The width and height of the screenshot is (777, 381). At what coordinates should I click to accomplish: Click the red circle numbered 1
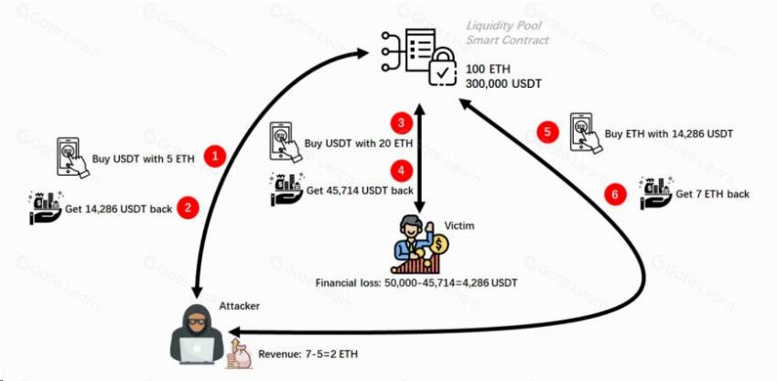click(215, 157)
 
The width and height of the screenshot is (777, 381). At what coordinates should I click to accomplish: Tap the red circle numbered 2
click(188, 208)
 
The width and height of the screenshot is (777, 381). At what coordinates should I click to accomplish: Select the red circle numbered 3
click(402, 123)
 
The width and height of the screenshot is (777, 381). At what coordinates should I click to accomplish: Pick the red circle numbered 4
click(402, 171)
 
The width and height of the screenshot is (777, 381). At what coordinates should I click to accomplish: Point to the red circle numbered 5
click(547, 132)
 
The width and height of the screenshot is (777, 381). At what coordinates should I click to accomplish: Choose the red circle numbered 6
click(615, 194)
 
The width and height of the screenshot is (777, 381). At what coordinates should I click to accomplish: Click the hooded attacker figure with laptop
click(197, 335)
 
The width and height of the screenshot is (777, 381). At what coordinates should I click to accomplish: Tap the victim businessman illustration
click(419, 244)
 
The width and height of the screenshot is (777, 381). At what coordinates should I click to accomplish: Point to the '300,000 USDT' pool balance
click(503, 84)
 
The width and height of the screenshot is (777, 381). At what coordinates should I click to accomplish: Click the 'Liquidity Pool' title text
click(503, 26)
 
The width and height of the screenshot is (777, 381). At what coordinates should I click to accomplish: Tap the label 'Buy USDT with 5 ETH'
click(143, 159)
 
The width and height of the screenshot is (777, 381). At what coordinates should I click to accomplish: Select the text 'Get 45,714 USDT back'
click(360, 190)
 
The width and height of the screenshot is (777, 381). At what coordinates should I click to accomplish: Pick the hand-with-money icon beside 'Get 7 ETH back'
click(656, 192)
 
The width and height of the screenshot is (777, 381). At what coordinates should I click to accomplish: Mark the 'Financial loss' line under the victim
click(416, 284)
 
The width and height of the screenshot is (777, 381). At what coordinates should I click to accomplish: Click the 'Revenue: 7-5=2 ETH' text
click(308, 354)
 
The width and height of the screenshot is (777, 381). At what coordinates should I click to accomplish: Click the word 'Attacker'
click(240, 306)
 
